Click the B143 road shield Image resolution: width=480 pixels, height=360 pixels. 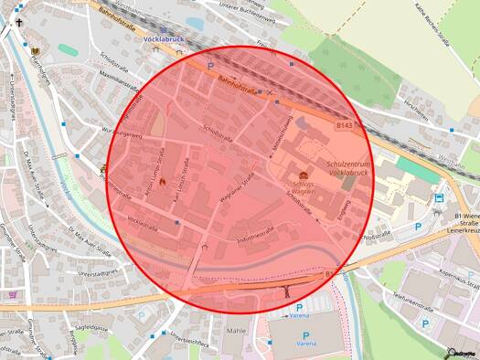344,125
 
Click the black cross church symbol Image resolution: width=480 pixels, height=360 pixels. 7,26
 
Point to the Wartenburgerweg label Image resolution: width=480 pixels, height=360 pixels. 123,134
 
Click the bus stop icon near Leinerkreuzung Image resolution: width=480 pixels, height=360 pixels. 439,197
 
